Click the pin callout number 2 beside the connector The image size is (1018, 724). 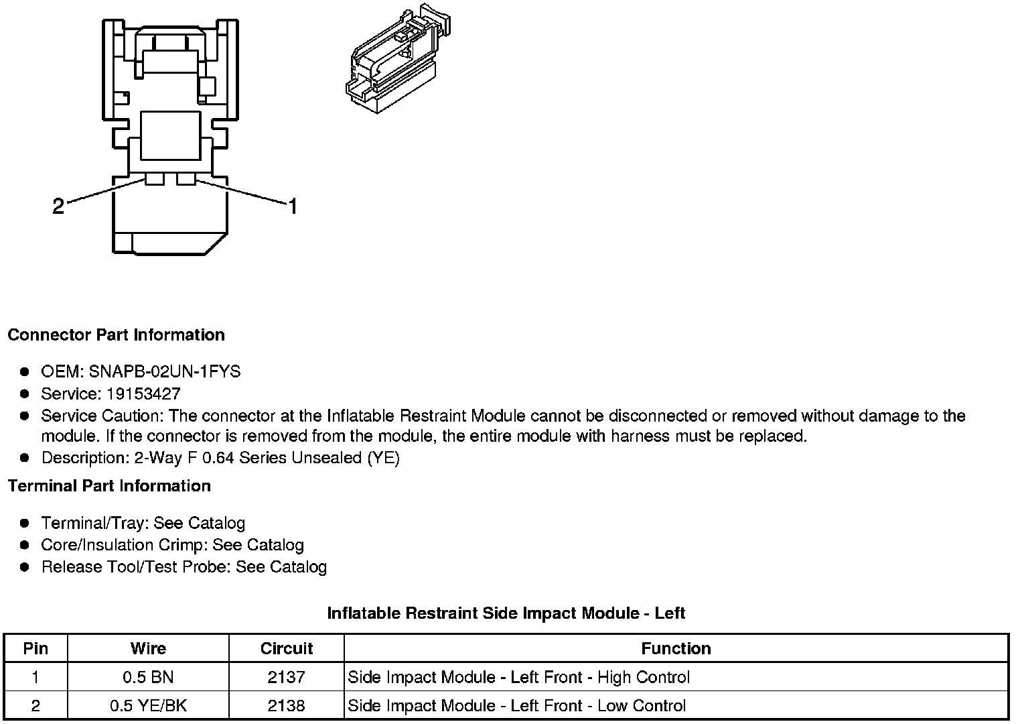point(58,206)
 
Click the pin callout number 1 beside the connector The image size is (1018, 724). point(292,206)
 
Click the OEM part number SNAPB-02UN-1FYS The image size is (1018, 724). point(164,371)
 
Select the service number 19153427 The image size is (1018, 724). point(143,394)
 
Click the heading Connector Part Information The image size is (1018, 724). point(116,335)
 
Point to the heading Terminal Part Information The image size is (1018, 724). point(109,485)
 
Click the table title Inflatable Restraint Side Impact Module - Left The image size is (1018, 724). point(506,613)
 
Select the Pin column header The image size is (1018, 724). point(35,648)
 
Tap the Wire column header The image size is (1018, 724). point(148,648)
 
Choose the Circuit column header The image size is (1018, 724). point(287,648)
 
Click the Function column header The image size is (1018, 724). point(676,648)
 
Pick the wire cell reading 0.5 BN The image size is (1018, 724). point(148,677)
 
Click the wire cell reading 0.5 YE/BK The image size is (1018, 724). point(148,705)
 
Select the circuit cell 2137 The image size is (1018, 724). point(287,677)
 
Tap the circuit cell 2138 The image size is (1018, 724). point(287,705)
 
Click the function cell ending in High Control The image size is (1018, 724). point(518,677)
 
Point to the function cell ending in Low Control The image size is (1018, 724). point(516,705)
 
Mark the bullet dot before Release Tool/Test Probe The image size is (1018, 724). point(25,567)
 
